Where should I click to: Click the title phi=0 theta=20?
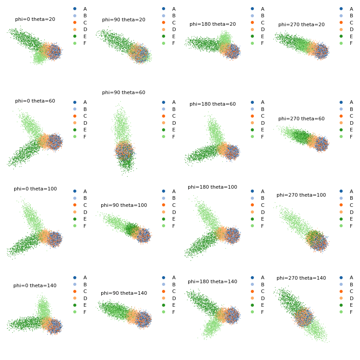35,19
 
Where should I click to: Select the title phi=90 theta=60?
124,92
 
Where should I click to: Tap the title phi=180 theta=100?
212,187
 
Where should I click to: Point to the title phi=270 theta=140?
301,278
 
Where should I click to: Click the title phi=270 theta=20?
301,24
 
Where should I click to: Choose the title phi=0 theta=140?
35,285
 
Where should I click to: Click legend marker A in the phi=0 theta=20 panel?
75,9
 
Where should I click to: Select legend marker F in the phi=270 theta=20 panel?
341,43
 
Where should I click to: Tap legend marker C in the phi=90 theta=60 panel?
163,116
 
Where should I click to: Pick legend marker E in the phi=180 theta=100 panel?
252,219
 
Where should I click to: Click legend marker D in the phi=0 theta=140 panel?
75,298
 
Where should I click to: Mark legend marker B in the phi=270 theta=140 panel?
341,285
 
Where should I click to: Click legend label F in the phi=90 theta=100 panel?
174,226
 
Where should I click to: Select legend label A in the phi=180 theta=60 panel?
263,102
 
